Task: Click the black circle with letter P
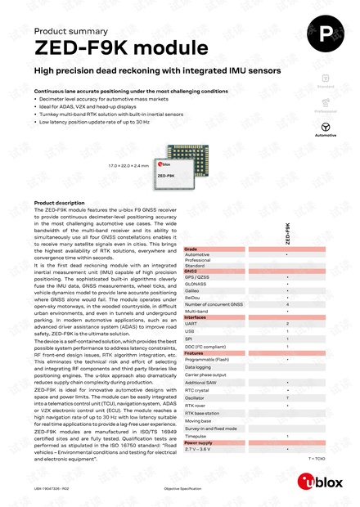point(326,34)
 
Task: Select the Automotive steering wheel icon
point(326,127)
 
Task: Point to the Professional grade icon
point(326,103)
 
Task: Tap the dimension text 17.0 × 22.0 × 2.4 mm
point(128,165)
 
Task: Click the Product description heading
point(59,203)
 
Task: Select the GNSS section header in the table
point(191,271)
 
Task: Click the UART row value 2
point(286,324)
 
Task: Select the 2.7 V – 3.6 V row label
point(198,449)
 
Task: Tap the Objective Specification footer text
point(182,488)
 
